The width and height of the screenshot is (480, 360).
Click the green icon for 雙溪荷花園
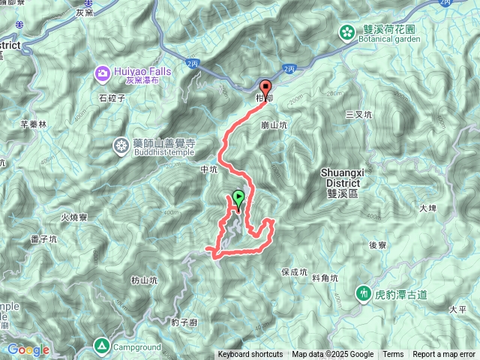tap(347, 32)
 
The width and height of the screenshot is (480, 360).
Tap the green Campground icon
tap(101, 345)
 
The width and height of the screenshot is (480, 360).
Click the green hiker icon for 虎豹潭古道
tap(364, 292)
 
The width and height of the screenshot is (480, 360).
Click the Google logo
tap(28, 349)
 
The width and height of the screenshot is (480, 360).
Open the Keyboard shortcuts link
tap(250, 355)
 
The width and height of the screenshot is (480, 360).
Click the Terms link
tap(393, 355)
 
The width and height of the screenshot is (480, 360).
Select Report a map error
tap(444, 355)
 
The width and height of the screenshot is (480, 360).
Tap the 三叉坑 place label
tap(358, 115)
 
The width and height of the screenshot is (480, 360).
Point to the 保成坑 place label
tap(294, 271)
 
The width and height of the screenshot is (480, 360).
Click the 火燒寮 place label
tap(73, 217)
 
